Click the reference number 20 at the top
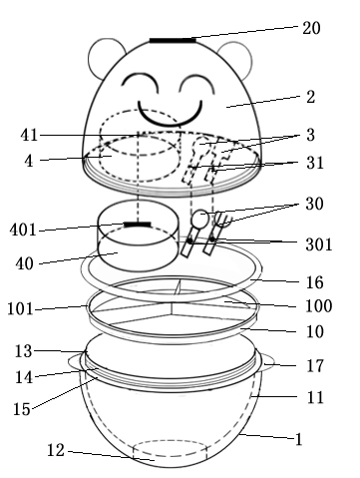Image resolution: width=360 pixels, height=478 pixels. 311,28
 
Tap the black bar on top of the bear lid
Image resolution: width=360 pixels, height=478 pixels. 173,41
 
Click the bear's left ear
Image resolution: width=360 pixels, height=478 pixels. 106,58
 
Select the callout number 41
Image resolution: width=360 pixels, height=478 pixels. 29,136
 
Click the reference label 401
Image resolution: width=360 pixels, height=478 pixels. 23,230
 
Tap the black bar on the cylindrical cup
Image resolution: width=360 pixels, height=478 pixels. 138,225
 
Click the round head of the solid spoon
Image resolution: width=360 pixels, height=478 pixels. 200,219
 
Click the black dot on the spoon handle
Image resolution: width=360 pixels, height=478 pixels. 189,240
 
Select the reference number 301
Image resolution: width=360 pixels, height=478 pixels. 319,244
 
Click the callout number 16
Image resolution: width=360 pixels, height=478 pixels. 314,282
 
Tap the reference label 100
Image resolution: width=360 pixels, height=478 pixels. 318,306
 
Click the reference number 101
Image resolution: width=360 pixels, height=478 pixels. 20,309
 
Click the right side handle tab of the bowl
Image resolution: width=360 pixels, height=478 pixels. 268,363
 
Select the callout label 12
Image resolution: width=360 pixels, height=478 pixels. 56,451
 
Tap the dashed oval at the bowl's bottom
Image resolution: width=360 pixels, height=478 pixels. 170,448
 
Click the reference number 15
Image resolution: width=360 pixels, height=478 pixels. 22,409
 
